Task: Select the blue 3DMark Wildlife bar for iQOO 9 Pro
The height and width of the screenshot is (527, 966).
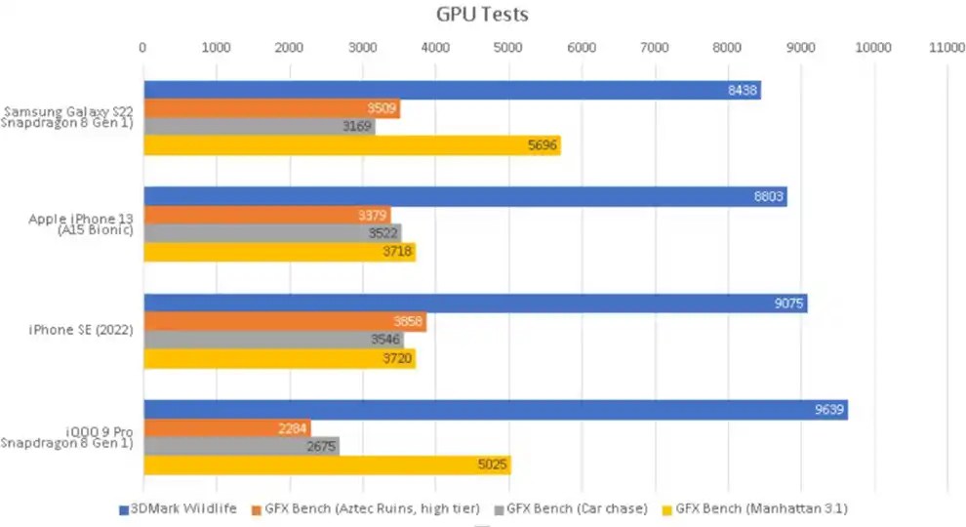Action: pos(495,410)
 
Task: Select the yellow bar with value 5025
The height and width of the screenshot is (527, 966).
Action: pos(327,465)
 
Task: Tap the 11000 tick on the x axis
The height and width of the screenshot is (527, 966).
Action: pos(946,46)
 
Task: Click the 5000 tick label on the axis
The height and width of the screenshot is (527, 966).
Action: pos(508,46)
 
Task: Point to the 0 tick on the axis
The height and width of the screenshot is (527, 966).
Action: pos(143,46)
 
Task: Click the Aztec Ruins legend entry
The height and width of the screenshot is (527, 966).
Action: pos(371,507)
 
